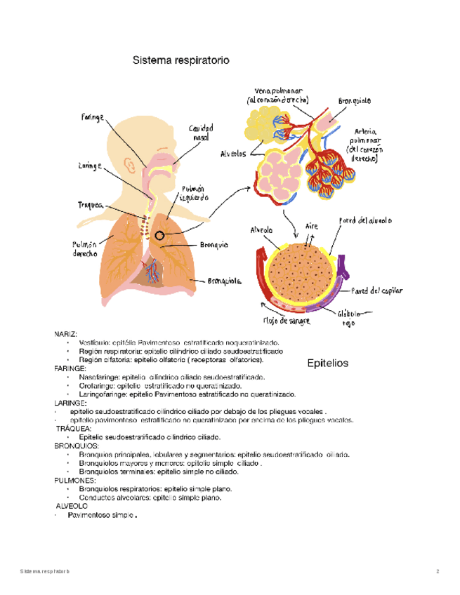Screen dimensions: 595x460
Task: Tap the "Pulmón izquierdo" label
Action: pos(195,194)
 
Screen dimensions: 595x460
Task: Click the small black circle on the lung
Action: pos(162,236)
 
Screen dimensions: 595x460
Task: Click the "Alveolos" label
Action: pos(232,154)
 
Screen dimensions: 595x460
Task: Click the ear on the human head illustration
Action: pos(130,166)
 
